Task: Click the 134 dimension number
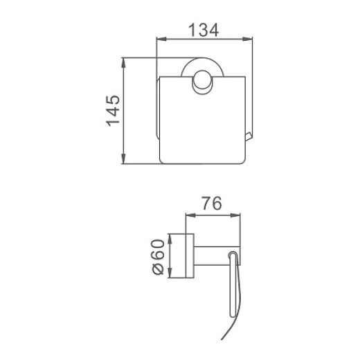204,30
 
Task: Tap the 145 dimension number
113,111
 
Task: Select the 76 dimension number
212,204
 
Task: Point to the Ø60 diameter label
159,257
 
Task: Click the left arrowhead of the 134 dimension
161,39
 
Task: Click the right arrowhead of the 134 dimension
247,39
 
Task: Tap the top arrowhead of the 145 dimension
124,62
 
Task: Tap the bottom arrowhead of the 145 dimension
124,159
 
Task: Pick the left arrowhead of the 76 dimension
190,215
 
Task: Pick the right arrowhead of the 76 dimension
235,215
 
